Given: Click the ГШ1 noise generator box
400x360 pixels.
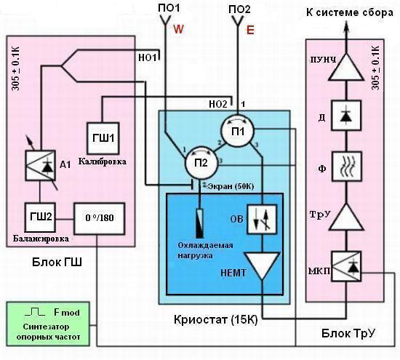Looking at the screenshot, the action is [x=103, y=138].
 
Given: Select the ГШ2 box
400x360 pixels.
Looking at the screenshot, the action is [x=40, y=217].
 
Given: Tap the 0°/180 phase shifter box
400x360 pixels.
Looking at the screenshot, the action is [x=100, y=219].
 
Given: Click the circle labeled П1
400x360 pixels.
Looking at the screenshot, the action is [x=238, y=131].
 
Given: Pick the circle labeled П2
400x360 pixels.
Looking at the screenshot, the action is [x=201, y=163].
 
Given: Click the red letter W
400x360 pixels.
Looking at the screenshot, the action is [x=179, y=29].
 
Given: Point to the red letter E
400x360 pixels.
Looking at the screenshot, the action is [x=250, y=30].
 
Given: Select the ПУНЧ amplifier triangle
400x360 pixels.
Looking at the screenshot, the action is [x=346, y=67].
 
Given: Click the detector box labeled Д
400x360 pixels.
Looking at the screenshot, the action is [x=346, y=116].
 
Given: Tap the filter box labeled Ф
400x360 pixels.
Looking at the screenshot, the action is [x=346, y=167].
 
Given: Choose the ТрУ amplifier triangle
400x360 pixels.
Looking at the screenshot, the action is [x=346, y=217].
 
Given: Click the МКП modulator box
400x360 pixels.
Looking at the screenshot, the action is [x=346, y=266].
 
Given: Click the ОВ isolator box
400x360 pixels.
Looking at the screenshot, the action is [x=262, y=219].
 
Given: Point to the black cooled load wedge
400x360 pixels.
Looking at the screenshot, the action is [x=200, y=224].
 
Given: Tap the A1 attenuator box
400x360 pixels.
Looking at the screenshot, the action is [x=40, y=165].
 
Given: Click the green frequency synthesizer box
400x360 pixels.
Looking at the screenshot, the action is [x=48, y=324].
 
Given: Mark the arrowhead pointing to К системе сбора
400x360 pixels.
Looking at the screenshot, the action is [x=346, y=26].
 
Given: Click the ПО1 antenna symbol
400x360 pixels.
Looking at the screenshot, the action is [x=166, y=20].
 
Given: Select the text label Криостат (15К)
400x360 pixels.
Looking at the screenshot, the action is [x=215, y=320].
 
